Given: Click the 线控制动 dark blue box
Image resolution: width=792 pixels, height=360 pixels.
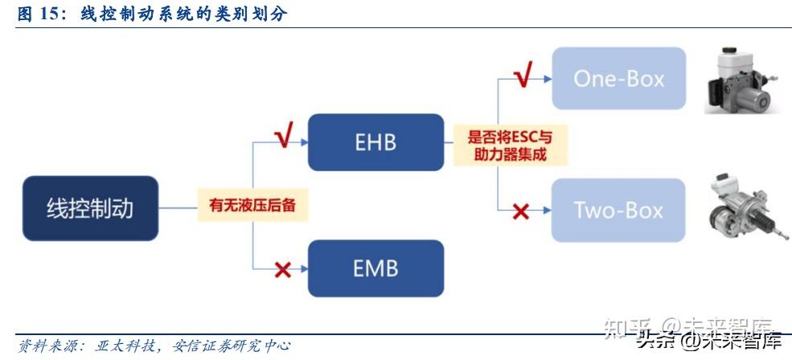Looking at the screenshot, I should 89,209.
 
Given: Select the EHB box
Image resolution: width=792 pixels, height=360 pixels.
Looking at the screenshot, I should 375,142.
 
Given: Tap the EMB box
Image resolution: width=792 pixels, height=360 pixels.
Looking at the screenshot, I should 375,268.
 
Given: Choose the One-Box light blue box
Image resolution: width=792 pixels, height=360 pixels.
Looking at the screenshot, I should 618,79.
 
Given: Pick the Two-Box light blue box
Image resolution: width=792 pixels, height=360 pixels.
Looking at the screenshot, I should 618,211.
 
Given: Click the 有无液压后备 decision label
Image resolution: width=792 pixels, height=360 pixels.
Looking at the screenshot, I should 252,205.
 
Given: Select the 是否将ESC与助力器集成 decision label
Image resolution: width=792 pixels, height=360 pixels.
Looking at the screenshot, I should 509,145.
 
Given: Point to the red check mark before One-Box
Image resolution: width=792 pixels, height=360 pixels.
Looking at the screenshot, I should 523,75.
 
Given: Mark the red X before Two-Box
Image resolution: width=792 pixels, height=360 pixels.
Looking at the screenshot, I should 521,212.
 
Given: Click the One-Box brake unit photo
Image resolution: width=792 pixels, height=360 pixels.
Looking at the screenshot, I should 738,80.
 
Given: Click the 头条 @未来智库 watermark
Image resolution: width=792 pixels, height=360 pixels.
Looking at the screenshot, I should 708,339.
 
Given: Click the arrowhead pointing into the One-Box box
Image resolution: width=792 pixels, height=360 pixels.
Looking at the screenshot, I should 546,79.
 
